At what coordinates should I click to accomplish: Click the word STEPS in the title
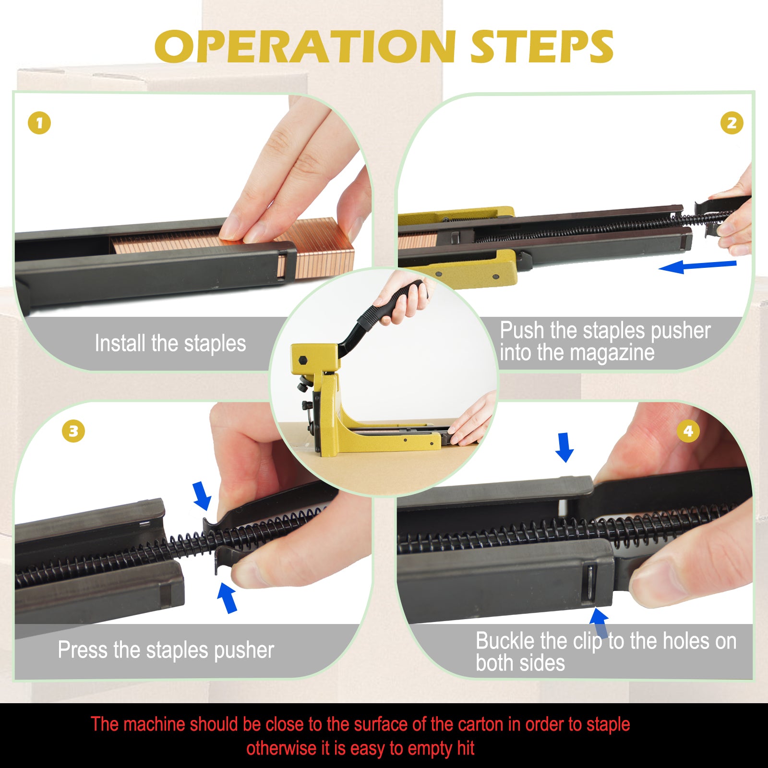(x=542, y=47)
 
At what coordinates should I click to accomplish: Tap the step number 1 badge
(x=39, y=123)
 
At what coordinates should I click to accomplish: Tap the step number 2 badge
(x=732, y=123)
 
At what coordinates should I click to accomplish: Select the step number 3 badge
(x=73, y=431)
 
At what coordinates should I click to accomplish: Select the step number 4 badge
(x=688, y=431)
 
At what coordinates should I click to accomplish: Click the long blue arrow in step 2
(x=697, y=266)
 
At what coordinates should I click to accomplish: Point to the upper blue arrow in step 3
(x=202, y=496)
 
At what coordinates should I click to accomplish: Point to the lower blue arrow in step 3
(x=227, y=597)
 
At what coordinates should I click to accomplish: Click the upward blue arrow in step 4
(x=599, y=623)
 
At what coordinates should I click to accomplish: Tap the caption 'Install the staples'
(x=170, y=343)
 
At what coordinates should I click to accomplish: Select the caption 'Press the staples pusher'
(x=166, y=650)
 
